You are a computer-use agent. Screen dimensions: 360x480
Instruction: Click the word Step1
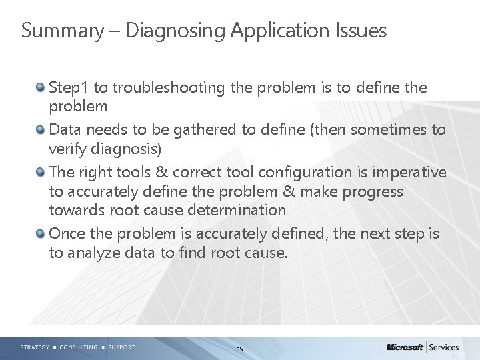pyautogui.click(x=69, y=88)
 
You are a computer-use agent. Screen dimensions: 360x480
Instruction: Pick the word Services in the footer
pyautogui.click(x=453, y=347)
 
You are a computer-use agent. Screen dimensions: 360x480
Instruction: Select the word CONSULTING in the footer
pyautogui.click(x=79, y=347)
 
